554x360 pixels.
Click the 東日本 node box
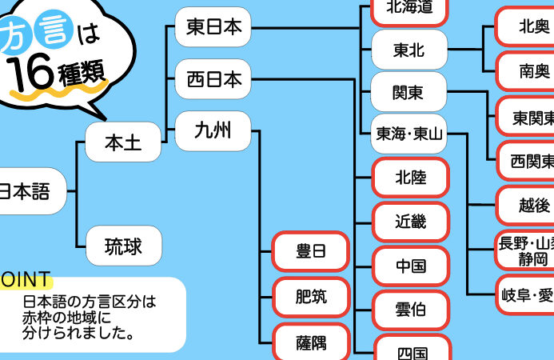pos(213,28)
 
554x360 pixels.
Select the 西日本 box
pos(213,79)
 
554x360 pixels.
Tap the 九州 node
pos(213,130)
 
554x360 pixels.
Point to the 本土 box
pos(123,143)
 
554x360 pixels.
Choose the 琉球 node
pos(123,246)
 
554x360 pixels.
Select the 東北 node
pos(409,50)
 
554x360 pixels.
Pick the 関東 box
pos(409,92)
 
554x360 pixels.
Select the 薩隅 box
pos(312,343)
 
